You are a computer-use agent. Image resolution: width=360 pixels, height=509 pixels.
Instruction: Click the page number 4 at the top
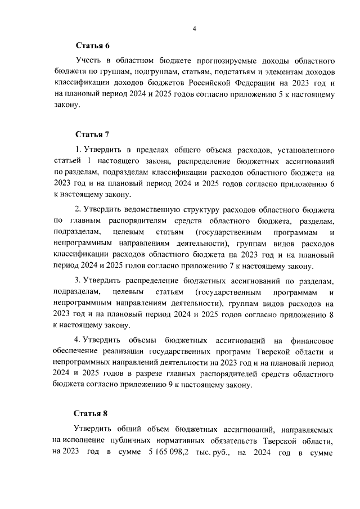[193, 29]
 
